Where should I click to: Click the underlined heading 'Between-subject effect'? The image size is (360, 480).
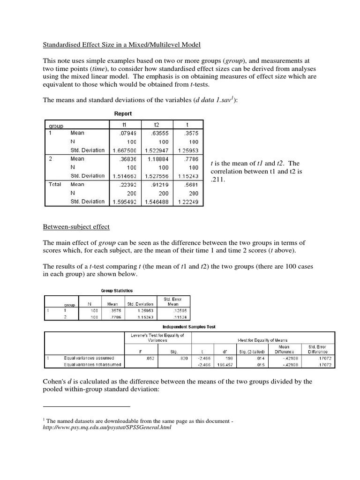point(76,227)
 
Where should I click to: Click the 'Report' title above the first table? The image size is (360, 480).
point(123,113)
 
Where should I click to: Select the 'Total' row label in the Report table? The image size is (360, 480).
point(56,184)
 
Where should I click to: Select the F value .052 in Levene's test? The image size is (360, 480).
point(148,358)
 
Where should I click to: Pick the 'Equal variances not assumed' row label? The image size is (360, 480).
point(92,364)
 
